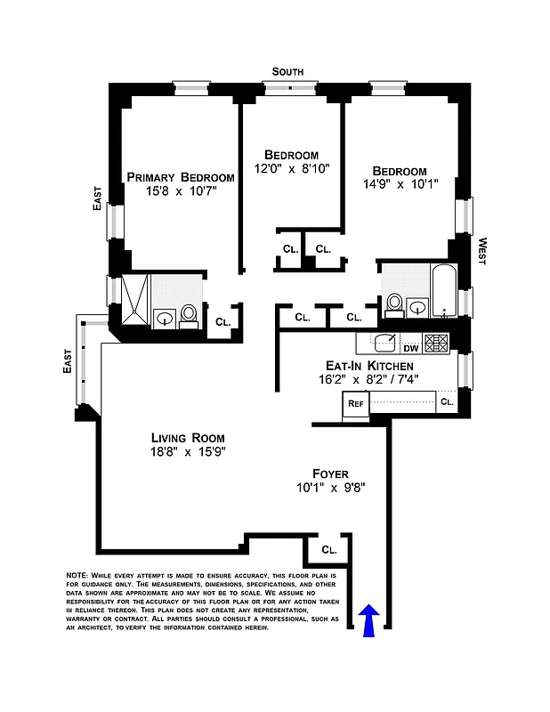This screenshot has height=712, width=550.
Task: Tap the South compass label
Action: [287, 71]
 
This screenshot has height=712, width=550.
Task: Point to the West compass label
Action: [481, 252]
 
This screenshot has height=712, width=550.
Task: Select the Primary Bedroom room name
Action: [181, 177]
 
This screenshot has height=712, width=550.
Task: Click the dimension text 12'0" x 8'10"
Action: [293, 168]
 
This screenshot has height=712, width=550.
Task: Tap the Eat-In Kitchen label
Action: [369, 366]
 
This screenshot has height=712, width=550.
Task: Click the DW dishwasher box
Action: [411, 348]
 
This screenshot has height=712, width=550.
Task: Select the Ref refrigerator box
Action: [355, 403]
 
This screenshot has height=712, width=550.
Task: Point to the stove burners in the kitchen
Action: [436, 343]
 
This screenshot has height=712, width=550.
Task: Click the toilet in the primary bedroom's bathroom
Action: [189, 315]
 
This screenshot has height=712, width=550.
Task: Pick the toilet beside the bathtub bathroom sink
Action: [394, 303]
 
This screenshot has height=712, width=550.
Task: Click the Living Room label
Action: [187, 438]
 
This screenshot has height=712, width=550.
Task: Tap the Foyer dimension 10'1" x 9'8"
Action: [330, 488]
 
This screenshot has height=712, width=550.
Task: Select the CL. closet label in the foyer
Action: [328, 550]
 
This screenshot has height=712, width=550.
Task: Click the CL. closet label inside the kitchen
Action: [447, 402]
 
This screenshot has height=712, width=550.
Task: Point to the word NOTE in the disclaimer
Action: [77, 576]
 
